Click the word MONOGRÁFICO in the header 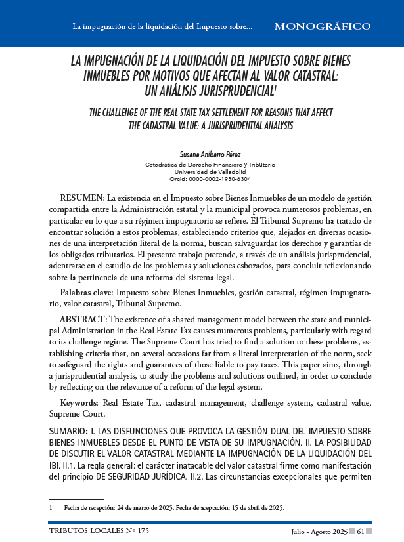(x=321, y=27)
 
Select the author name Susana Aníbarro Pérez (x=202, y=153)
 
